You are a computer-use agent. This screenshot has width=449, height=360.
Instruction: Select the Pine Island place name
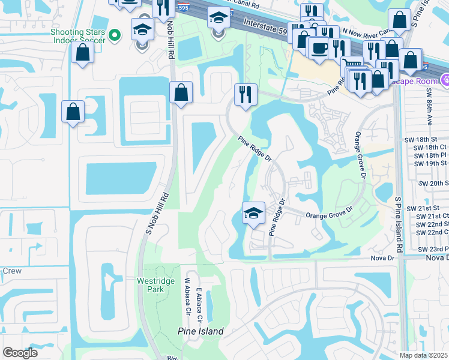pos(200,331)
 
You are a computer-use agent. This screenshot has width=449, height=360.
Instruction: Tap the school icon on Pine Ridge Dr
pos(253,212)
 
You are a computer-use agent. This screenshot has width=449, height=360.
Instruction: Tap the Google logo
pos(20,353)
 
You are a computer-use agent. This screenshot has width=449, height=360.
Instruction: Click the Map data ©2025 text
pos(423,355)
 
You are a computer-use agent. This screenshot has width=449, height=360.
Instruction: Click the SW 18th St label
pos(431,139)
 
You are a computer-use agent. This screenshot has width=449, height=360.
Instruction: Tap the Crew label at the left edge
pos(11,271)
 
